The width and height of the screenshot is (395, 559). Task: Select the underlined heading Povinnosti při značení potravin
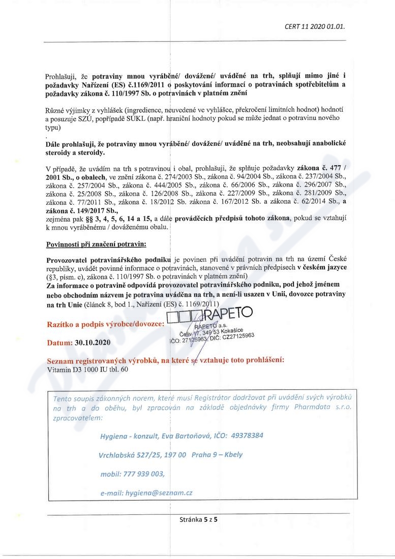96,244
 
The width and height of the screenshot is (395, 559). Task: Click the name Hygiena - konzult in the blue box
130,436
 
